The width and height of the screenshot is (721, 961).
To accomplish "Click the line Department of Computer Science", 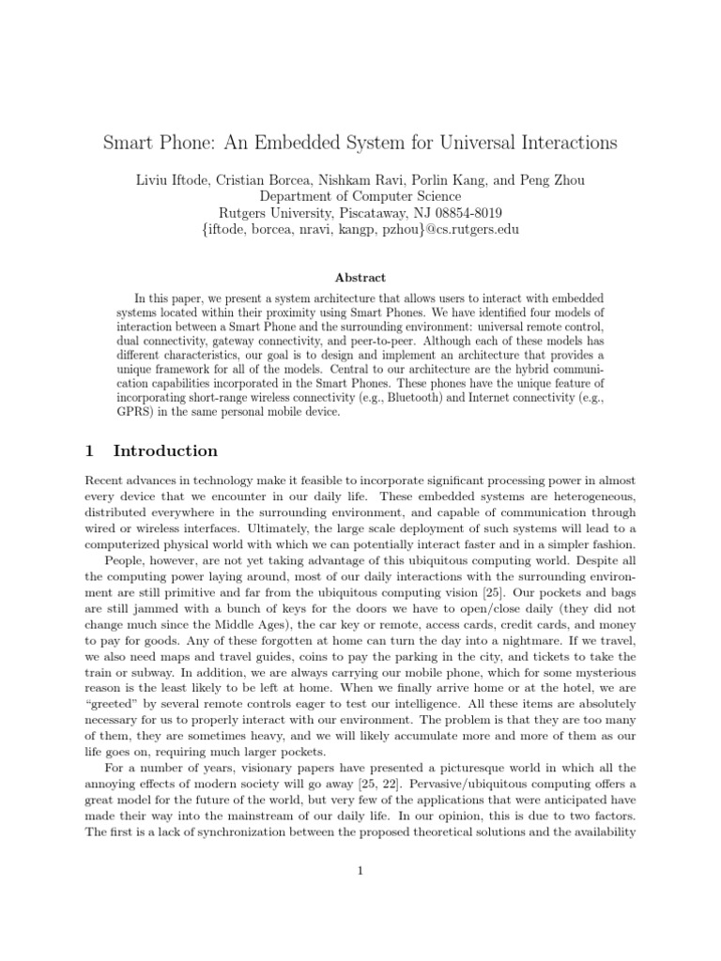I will [x=360, y=196].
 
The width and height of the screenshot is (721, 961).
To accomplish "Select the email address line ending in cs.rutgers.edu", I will [x=360, y=230].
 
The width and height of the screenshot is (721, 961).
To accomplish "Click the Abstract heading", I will [x=360, y=277].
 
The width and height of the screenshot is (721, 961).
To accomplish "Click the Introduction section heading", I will [x=165, y=451].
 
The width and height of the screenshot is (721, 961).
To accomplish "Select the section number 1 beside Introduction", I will [x=89, y=451].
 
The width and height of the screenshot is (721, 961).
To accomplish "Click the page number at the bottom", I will [x=360, y=870].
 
